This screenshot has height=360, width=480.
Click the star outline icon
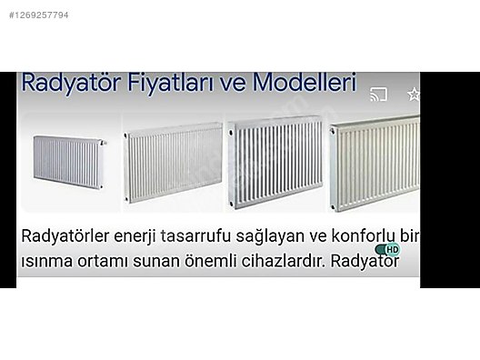tap(414, 93)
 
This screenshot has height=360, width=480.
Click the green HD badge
tap(388, 248)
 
